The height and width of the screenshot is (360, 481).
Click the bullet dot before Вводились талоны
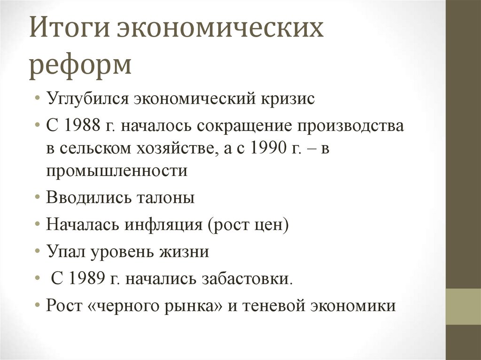[x=37, y=198]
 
